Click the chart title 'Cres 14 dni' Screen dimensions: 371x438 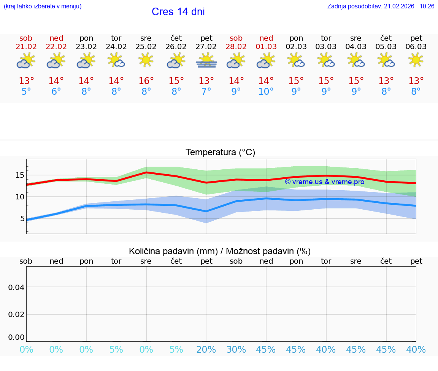[x=178, y=12]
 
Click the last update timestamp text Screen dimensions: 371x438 [x=381, y=6]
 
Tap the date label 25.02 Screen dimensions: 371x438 [x=146, y=47]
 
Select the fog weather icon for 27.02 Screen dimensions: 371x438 [x=206, y=61]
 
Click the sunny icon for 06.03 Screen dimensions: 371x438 [x=416, y=60]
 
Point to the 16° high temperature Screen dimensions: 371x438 [x=146, y=81]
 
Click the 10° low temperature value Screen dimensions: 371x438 [x=266, y=92]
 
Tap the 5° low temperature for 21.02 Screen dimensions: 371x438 [x=26, y=92]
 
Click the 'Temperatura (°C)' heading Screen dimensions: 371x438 [x=220, y=153]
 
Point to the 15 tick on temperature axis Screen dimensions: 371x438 [x=20, y=175]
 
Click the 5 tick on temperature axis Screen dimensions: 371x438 [x=22, y=218]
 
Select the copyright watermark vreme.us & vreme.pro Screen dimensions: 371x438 [x=324, y=182]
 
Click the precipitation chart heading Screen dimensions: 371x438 [x=220, y=251]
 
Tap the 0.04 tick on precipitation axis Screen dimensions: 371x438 [x=16, y=287]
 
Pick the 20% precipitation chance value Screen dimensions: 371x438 [x=206, y=349]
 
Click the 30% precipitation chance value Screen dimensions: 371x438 [x=236, y=349]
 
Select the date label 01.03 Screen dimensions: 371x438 [x=266, y=47]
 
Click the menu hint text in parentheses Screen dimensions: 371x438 [x=42, y=6]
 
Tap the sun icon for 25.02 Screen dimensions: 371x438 [x=146, y=60]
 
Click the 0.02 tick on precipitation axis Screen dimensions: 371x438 [x=16, y=314]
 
